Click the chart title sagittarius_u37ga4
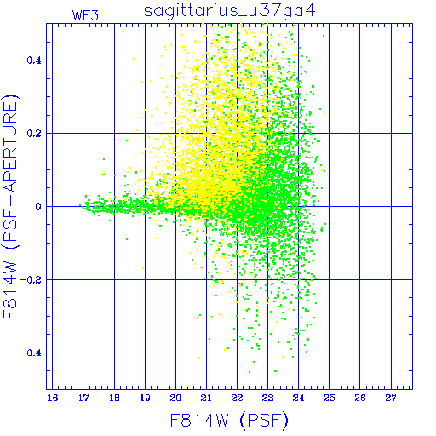pos(230,11)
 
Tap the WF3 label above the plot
pos(85,15)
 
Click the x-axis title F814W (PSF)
pos(229,421)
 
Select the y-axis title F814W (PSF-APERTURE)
pos(10,206)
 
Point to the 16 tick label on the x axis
pos(53,398)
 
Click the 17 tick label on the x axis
pos(83,398)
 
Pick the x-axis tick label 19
pos(145,398)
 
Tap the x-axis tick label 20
pos(175,398)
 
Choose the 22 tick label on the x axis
pos(237,398)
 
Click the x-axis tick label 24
pos(298,398)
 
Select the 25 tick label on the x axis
pos(330,398)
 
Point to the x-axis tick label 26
pos(360,398)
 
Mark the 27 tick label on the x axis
pos(391,398)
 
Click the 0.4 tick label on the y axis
pos(34,60)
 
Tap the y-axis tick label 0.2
pos(34,134)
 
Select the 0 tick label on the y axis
pos(38,207)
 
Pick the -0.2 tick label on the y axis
pos(31,280)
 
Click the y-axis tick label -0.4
pos(31,353)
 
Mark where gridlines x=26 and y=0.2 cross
pos(360,133)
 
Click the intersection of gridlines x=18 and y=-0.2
pos(114,279)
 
